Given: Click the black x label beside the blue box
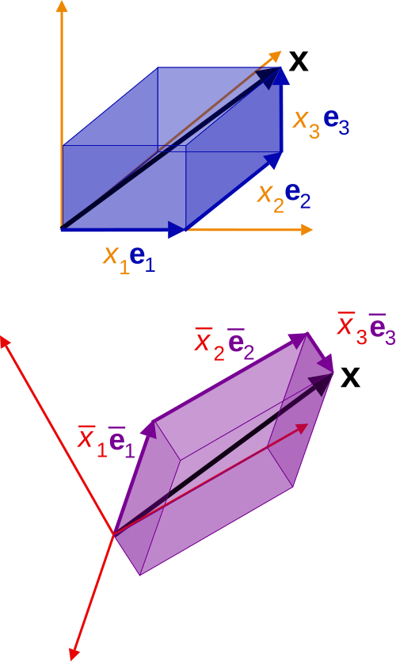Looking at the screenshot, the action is tap(299, 60).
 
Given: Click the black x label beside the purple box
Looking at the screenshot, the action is tap(350, 377).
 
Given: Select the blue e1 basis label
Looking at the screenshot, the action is tap(143, 258).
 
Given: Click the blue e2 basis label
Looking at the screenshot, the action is tap(298, 197).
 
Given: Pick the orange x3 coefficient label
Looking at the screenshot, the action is tap(307, 123).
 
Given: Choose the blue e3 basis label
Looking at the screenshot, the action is tap(336, 123).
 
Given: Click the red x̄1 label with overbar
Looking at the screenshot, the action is tap(92, 442).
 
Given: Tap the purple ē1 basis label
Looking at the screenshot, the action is tap(121, 442).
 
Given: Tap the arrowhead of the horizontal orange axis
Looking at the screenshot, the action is tap(307, 230).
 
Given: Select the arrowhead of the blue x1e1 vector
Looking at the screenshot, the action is tap(177, 230).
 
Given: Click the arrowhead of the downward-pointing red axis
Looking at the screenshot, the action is tap(75, 652).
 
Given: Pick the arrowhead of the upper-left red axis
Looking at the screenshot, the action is tap(5, 342).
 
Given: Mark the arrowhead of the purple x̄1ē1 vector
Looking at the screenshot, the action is tap(150, 429).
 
